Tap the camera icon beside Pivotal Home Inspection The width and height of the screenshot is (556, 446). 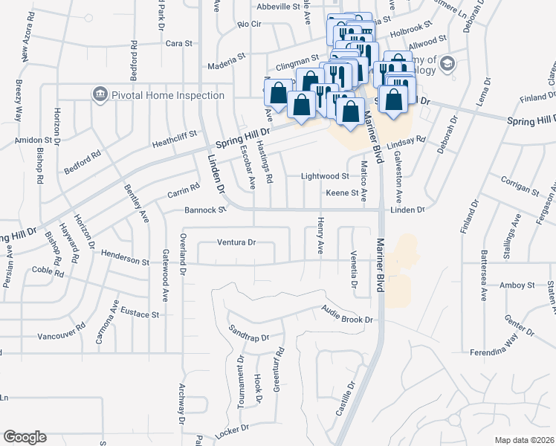point(100,94)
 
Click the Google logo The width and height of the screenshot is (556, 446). point(25,437)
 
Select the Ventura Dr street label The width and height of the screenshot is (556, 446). point(236,242)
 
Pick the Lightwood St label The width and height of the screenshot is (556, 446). point(325,177)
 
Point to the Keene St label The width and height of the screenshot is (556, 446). point(337,194)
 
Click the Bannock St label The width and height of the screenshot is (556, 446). point(205,210)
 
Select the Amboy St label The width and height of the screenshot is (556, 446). point(517,285)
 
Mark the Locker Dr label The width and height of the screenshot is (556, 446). point(230,432)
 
